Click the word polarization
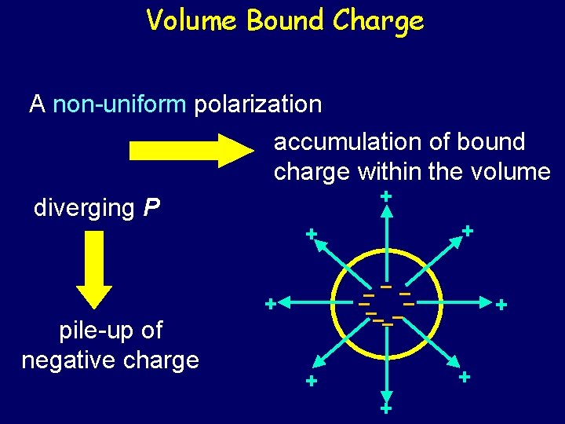pyautogui.click(x=258, y=104)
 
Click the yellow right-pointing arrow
pyautogui.click(x=188, y=149)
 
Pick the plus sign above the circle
pyautogui.click(x=385, y=197)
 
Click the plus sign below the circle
pyautogui.click(x=385, y=409)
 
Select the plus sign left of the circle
pyautogui.click(x=270, y=303)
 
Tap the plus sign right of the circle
pyautogui.click(x=501, y=304)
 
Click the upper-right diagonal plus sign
pyautogui.click(x=467, y=231)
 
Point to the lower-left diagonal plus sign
pyautogui.click(x=312, y=382)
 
